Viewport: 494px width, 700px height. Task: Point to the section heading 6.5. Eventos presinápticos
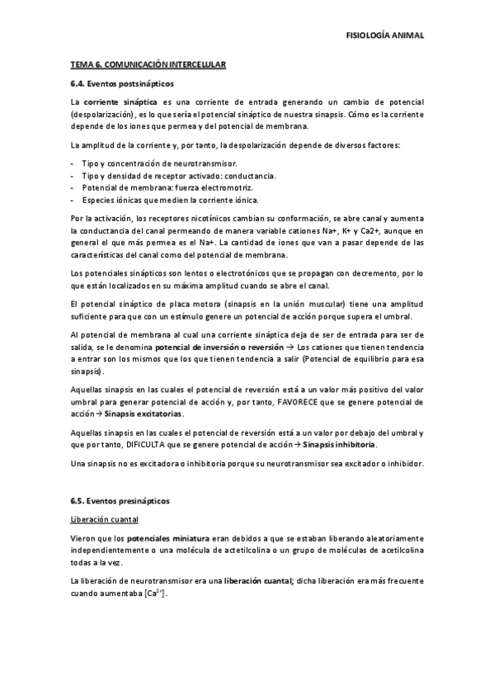click(120, 501)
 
